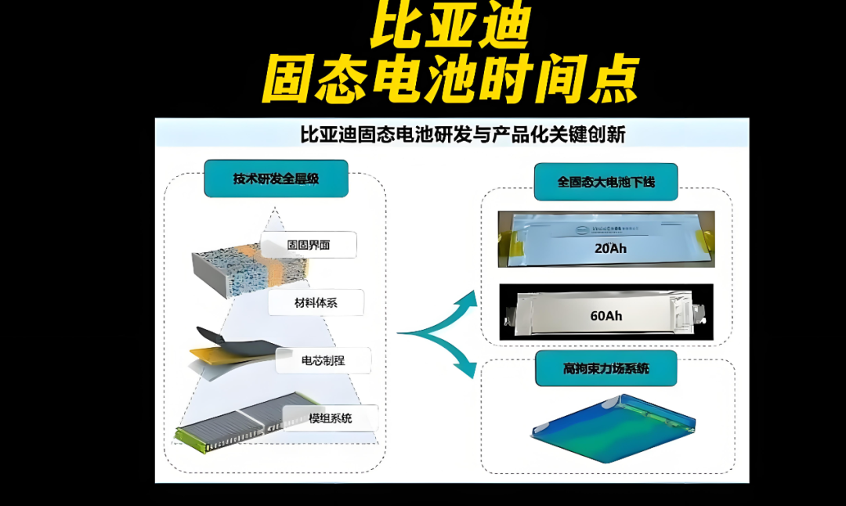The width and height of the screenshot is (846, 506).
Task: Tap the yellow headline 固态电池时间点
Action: point(449,79)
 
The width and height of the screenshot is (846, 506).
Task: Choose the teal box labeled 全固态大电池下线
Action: point(606,182)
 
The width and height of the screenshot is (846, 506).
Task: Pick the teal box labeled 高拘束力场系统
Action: point(606,367)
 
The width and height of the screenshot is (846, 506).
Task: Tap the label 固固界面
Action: point(308,245)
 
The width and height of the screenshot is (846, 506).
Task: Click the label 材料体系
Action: point(315,302)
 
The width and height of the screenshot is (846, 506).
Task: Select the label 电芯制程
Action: point(324,360)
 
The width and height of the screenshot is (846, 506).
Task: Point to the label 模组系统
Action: point(329,418)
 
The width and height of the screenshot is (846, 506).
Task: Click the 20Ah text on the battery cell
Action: point(610,250)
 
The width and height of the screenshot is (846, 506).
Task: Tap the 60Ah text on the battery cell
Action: point(606,316)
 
